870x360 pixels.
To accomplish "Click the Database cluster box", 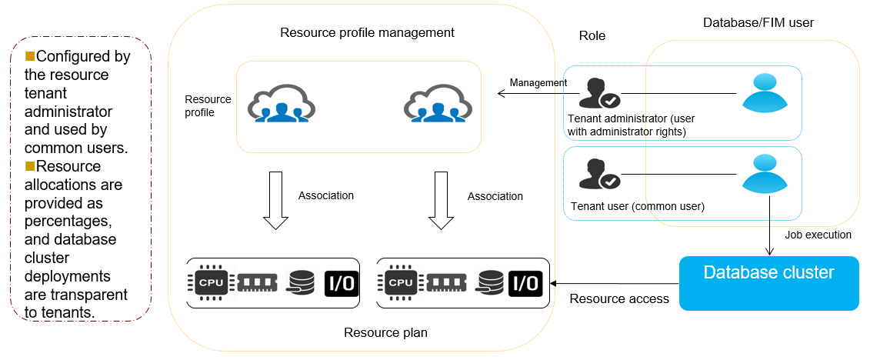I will point(768,283).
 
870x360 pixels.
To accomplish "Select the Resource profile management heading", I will point(367,33).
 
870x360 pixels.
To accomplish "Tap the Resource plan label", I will point(385,332).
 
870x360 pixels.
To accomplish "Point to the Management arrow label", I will point(538,83).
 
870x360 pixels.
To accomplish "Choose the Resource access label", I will point(619,298).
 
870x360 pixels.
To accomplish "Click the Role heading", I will point(592,36).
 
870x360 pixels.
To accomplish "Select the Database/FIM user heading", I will point(758,23).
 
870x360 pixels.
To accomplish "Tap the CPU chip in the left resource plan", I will point(210,282).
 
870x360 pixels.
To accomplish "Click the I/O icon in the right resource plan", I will point(526,282).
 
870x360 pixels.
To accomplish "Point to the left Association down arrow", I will point(275,200).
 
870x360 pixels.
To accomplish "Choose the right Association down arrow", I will point(441,200).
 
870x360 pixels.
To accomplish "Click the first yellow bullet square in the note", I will point(30,56).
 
